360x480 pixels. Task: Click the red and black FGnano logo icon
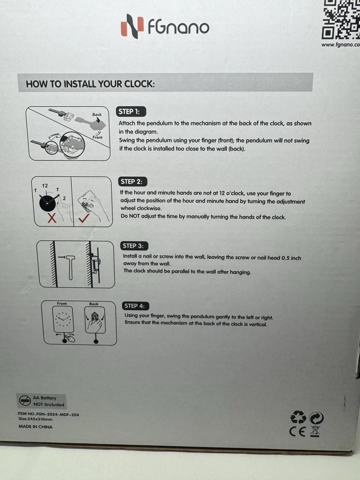click(132, 26)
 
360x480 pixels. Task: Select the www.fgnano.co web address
click(340, 44)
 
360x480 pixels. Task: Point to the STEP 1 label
click(131, 111)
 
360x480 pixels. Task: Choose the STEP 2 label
click(134, 181)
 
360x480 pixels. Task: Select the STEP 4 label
click(136, 305)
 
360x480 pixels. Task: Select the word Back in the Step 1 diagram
click(97, 114)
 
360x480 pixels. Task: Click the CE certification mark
click(298, 431)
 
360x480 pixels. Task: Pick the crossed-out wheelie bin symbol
click(315, 431)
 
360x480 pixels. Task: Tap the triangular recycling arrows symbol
click(298, 417)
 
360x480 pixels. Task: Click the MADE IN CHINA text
click(35, 426)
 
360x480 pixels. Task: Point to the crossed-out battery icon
click(24, 400)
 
